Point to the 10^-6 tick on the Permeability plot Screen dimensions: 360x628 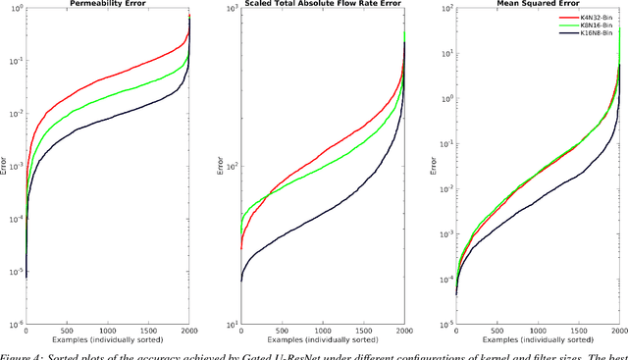[16, 324]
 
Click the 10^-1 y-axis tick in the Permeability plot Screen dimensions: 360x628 [16, 61]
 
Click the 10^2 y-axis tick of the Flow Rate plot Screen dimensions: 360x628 [224, 166]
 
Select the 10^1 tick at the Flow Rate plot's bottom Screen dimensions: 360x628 [224, 324]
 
